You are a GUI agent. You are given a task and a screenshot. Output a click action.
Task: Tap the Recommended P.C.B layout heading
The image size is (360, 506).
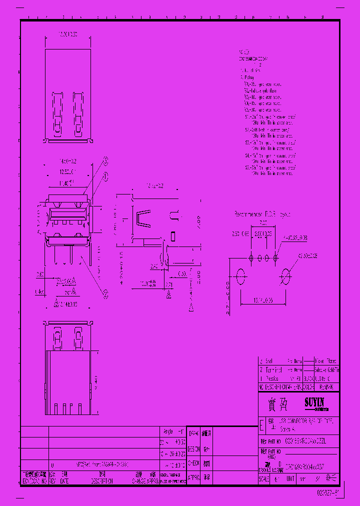pos(262,214)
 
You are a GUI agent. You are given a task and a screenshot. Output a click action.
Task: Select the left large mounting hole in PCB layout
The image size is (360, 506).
pos(240,275)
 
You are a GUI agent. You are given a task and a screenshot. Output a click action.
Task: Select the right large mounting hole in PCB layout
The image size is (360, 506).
pos(286,275)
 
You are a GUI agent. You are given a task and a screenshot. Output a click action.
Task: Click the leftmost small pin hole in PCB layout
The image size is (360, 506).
pos(251,257)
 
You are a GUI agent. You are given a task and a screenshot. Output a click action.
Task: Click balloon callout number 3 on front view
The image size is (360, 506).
pos(105,160)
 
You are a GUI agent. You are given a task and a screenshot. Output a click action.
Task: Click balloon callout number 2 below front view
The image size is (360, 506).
pos(105,294)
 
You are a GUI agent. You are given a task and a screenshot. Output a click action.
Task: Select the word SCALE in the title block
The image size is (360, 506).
pos(264,478)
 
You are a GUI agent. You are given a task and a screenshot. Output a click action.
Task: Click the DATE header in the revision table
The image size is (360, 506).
pos(65,480)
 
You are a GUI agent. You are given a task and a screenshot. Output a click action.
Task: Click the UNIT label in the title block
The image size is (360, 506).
pos(290,478)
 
